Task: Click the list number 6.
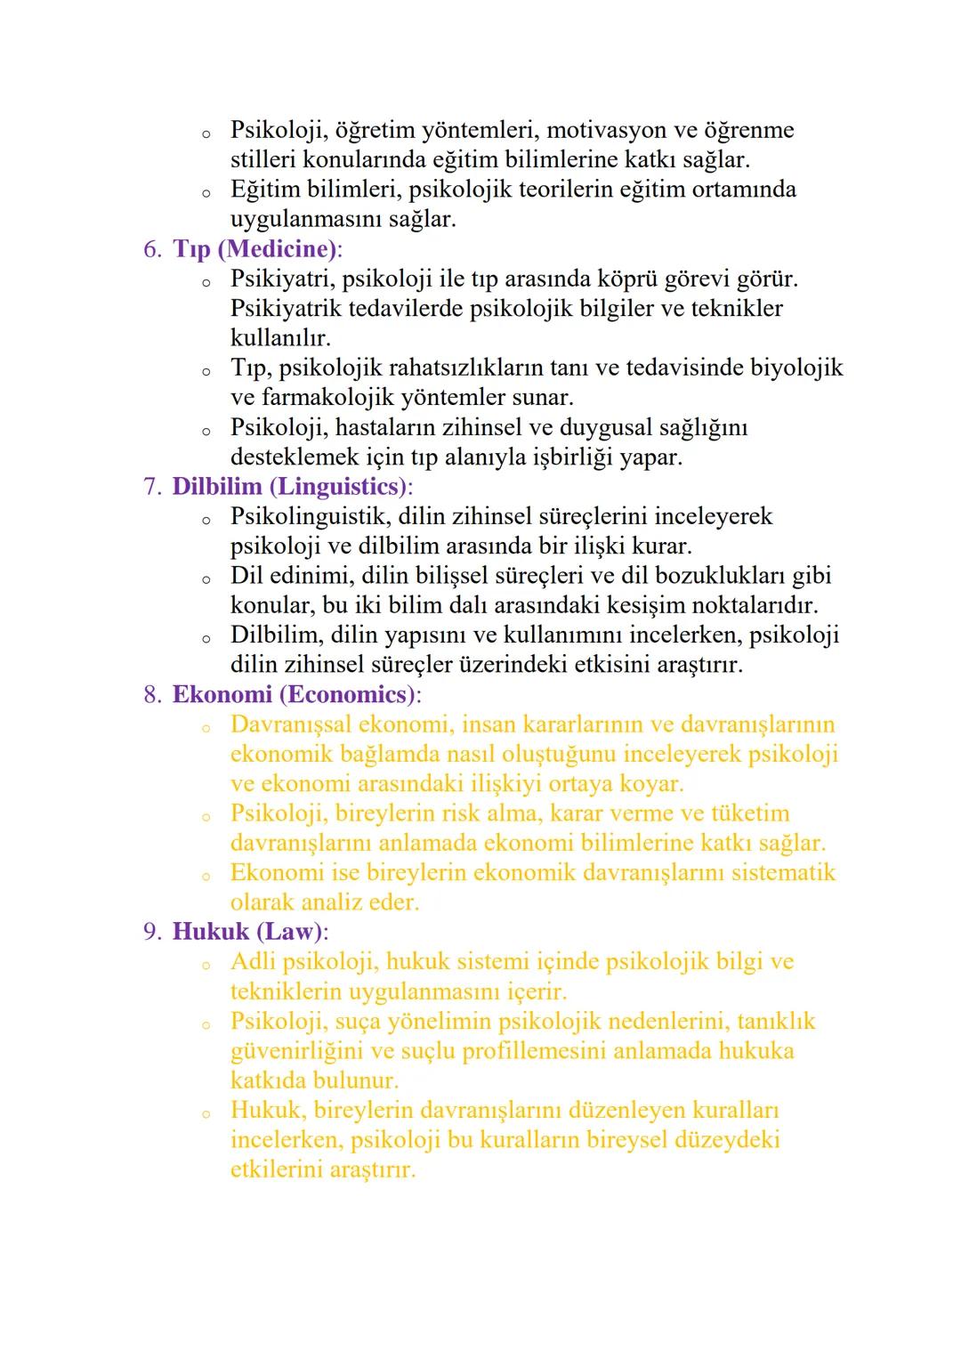coord(151,249)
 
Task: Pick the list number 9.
coord(151,932)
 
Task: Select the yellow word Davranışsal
coord(290,724)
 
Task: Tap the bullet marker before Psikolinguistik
coord(206,520)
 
